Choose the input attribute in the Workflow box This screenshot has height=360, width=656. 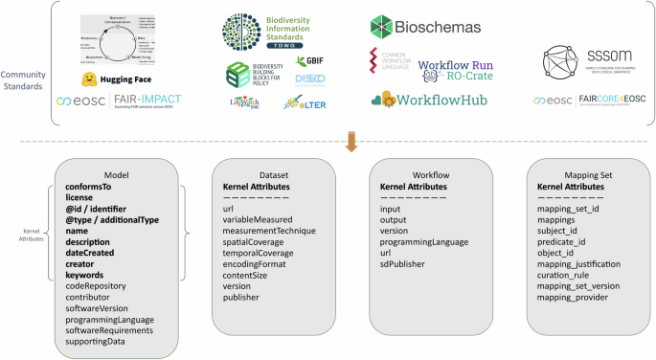point(391,208)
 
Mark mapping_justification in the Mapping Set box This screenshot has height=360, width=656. point(579,263)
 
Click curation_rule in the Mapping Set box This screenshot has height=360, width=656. point(566,274)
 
